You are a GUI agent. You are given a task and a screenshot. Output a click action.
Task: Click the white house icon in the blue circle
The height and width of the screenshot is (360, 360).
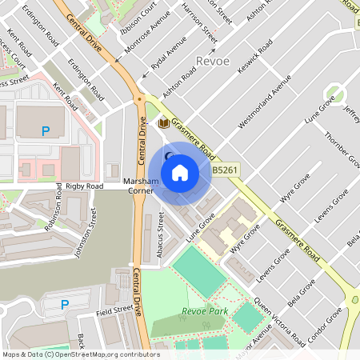(180, 172)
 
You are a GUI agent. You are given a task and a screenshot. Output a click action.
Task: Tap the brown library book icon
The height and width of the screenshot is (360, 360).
(163, 122)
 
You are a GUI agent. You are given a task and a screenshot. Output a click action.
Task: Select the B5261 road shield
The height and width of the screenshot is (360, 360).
(226, 170)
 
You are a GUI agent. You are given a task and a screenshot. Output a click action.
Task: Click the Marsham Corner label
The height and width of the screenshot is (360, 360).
(142, 186)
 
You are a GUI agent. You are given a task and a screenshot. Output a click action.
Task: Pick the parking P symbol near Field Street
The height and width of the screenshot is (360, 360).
(65, 304)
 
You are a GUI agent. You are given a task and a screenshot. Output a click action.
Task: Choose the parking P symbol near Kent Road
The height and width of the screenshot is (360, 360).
(46, 130)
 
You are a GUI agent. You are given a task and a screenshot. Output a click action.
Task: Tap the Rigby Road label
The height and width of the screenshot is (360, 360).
(85, 186)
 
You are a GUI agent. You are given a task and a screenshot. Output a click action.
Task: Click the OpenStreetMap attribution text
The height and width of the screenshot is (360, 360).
(81, 354)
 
